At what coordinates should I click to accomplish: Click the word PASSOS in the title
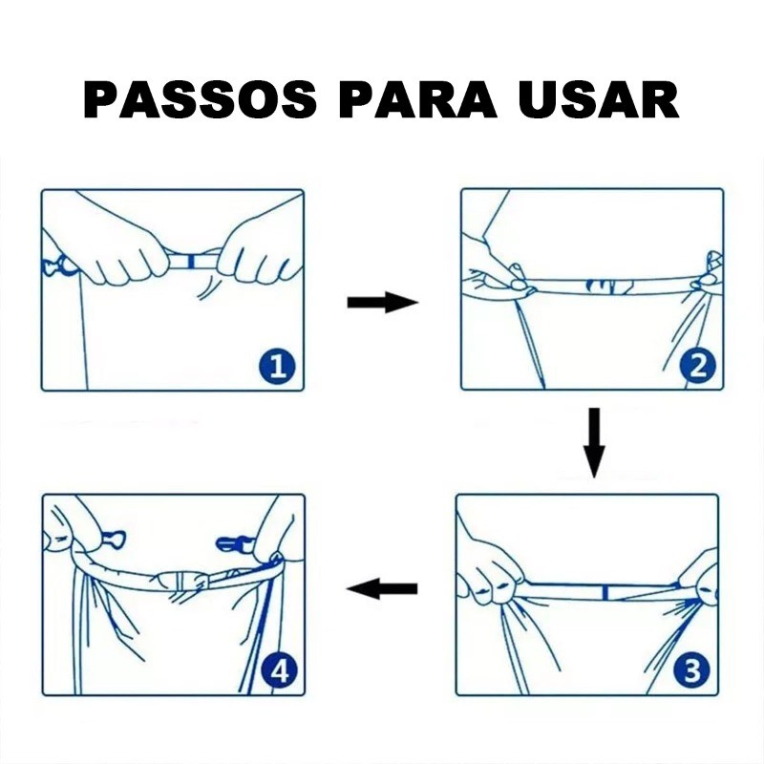pyautogui.click(x=200, y=99)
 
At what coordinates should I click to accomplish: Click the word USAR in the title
pyautogui.click(x=599, y=99)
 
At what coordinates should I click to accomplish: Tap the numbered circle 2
pyautogui.click(x=697, y=366)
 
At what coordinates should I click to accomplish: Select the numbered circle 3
pyautogui.click(x=692, y=670)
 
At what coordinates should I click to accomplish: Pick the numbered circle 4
pyautogui.click(x=279, y=671)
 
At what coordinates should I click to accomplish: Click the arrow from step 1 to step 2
pyautogui.click(x=383, y=303)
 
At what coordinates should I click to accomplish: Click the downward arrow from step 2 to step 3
pyautogui.click(x=594, y=442)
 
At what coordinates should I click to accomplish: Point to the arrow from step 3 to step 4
pyautogui.click(x=381, y=588)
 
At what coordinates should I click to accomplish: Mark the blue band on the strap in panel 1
pyautogui.click(x=191, y=262)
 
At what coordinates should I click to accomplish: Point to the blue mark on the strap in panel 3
pyautogui.click(x=605, y=592)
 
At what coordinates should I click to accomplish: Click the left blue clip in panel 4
pyautogui.click(x=114, y=540)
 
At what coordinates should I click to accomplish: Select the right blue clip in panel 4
pyautogui.click(x=235, y=543)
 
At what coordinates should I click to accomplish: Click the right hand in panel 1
pyautogui.click(x=256, y=251)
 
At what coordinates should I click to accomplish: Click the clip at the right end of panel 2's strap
pyautogui.click(x=710, y=273)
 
